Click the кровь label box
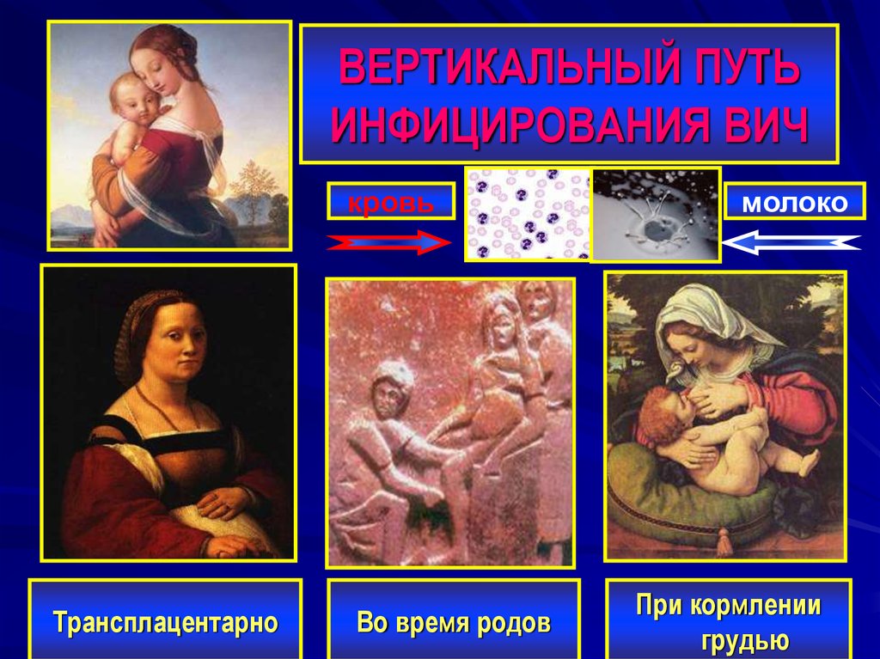pyautogui.click(x=390, y=203)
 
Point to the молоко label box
pyautogui.click(x=793, y=203)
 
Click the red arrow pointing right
pyautogui.click(x=388, y=244)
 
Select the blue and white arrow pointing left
pyautogui.click(x=791, y=243)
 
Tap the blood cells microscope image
pyautogui.click(x=528, y=214)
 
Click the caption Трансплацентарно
pyautogui.click(x=165, y=621)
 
